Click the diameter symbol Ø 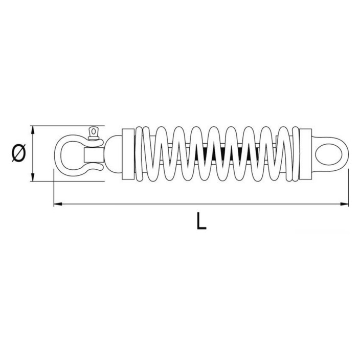click(18, 153)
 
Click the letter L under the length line click(201, 221)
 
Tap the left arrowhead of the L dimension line click(58, 204)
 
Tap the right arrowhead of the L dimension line click(344, 204)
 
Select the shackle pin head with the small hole click(94, 133)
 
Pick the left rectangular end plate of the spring click(128, 154)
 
